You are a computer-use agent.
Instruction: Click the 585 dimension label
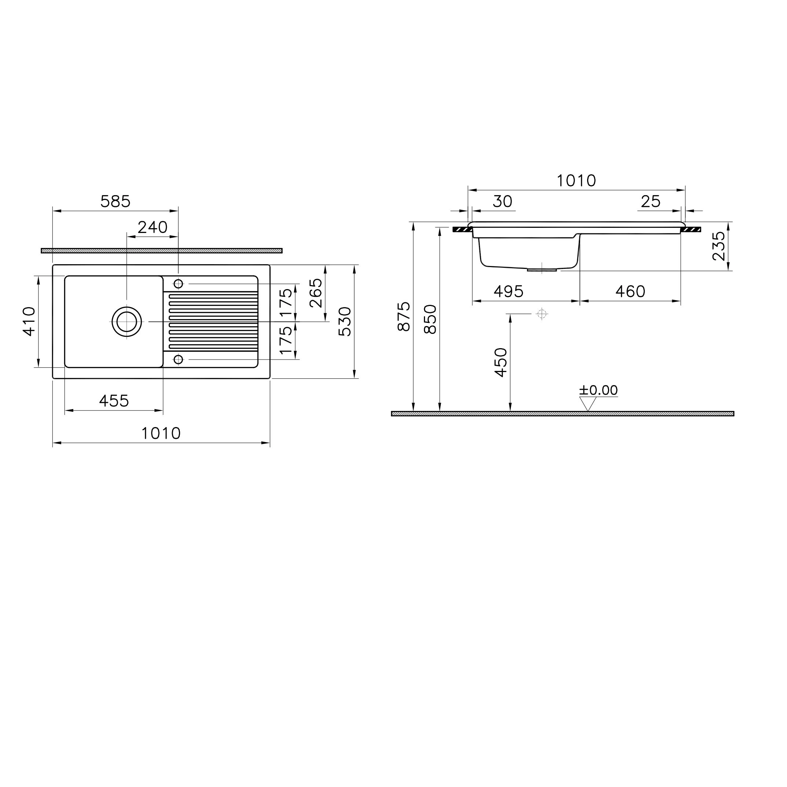[x=115, y=201]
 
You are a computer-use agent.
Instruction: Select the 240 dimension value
[x=152, y=227]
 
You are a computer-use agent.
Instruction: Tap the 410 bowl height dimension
[x=29, y=321]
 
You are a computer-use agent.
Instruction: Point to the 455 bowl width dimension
[x=114, y=401]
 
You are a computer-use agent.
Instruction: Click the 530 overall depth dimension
[x=345, y=321]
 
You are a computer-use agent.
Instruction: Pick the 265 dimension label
[x=316, y=293]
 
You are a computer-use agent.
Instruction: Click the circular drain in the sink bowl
[x=127, y=321]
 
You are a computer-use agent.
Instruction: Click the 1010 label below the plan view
[x=161, y=433]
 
